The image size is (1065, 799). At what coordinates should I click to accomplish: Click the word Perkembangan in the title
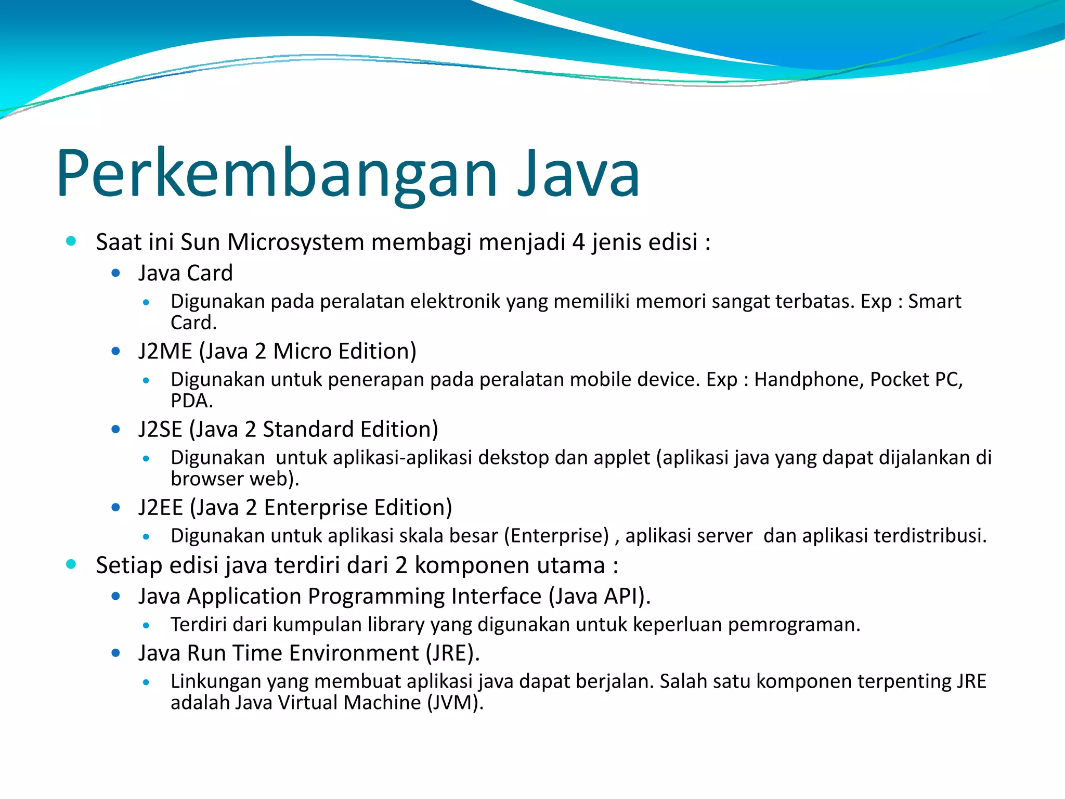click(277, 174)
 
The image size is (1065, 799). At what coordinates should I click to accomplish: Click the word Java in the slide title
click(578, 174)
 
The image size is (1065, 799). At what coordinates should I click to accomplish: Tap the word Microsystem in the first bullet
click(295, 242)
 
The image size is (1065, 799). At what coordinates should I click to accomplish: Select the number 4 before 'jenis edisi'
click(578, 242)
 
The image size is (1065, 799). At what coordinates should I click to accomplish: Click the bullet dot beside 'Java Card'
click(116, 273)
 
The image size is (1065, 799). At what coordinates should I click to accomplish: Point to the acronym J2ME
click(165, 352)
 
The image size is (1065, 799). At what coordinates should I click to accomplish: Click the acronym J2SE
click(160, 430)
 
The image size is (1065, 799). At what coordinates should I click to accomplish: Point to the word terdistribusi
click(930, 536)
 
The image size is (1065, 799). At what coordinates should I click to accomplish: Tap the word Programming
click(376, 597)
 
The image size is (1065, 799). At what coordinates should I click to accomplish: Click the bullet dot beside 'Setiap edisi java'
click(71, 564)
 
